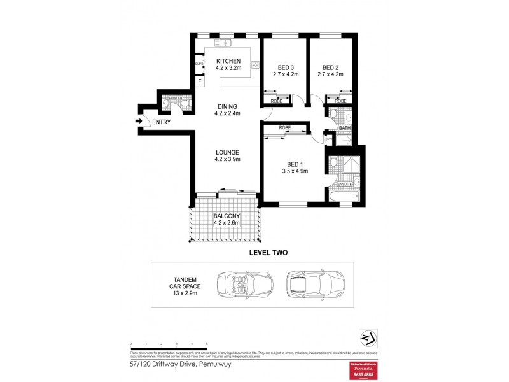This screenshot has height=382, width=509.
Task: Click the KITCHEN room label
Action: (x=227, y=61)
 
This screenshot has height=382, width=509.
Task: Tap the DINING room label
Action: (x=227, y=106)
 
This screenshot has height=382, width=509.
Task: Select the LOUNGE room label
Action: (x=227, y=152)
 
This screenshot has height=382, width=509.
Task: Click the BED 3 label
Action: (x=285, y=67)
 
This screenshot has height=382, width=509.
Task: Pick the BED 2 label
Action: (x=330, y=67)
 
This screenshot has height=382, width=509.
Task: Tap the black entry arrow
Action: (x=139, y=122)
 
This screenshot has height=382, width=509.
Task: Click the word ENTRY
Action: (x=161, y=122)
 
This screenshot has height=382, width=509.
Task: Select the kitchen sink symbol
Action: (x=224, y=43)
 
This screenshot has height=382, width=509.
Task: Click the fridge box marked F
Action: (x=199, y=81)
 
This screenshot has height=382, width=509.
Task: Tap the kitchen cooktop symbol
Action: (x=256, y=64)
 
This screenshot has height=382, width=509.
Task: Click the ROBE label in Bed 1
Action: (x=285, y=127)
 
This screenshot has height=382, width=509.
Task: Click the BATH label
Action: (x=344, y=128)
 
